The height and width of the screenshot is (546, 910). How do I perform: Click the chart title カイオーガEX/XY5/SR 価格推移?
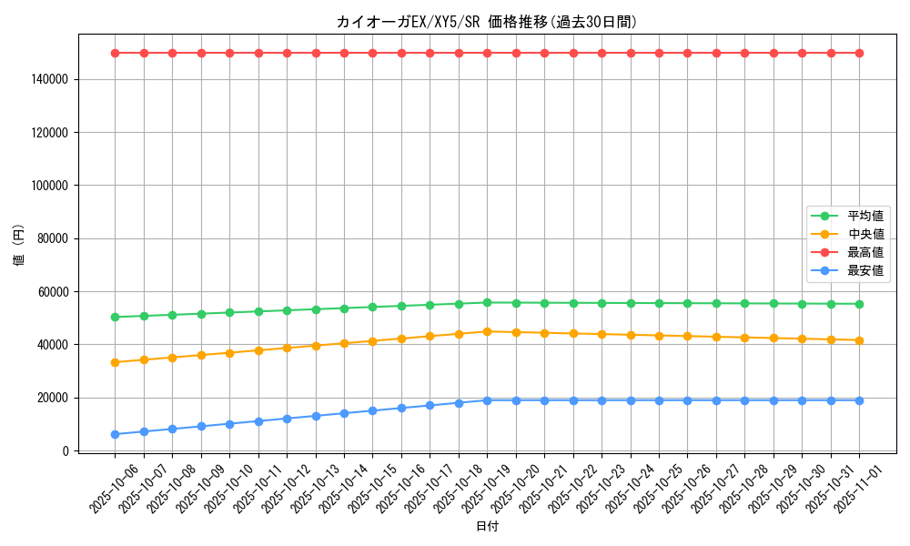486,22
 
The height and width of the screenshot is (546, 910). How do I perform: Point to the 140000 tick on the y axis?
50,80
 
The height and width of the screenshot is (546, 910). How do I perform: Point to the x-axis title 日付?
487,526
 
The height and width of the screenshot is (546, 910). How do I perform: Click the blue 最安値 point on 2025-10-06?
115,434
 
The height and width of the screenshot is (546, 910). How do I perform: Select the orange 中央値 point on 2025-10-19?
487,331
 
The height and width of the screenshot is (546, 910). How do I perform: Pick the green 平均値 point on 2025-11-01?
859,304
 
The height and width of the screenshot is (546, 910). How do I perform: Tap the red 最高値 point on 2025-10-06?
115,53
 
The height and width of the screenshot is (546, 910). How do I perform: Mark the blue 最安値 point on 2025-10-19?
487,400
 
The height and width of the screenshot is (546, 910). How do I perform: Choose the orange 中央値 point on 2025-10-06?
115,362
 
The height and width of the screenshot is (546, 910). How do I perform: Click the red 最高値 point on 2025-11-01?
859,53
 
